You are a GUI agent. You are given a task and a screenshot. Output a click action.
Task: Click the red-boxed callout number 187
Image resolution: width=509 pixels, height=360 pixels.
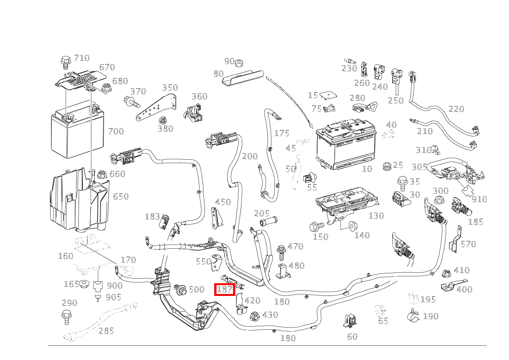click(x=225, y=289)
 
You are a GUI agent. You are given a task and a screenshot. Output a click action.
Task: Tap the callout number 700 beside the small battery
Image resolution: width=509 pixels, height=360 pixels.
click(x=116, y=131)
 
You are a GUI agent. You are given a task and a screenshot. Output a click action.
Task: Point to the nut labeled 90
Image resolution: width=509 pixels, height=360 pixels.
click(x=240, y=63)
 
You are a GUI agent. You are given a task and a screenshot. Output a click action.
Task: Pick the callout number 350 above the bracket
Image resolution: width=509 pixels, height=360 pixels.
click(x=169, y=88)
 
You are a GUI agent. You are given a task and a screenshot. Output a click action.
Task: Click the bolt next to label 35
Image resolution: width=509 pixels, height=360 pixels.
click(x=403, y=183)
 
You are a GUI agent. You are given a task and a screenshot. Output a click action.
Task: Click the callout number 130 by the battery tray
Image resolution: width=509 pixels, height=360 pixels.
click(x=376, y=216)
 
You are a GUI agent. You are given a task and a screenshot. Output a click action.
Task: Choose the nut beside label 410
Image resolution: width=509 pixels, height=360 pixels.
click(x=446, y=274)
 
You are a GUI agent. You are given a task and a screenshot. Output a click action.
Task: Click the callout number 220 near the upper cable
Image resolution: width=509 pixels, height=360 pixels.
click(x=456, y=109)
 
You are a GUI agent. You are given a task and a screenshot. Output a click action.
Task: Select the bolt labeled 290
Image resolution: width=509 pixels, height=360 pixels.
click(x=66, y=315)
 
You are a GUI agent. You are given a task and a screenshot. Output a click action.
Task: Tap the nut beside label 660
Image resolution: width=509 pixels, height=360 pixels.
click(x=102, y=174)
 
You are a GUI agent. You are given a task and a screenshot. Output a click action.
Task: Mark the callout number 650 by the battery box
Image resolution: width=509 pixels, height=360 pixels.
click(x=120, y=197)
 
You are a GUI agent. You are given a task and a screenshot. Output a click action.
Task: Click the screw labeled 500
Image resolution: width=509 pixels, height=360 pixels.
click(x=180, y=290)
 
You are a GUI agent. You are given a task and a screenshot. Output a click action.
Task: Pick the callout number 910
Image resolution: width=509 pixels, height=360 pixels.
click(x=479, y=199)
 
